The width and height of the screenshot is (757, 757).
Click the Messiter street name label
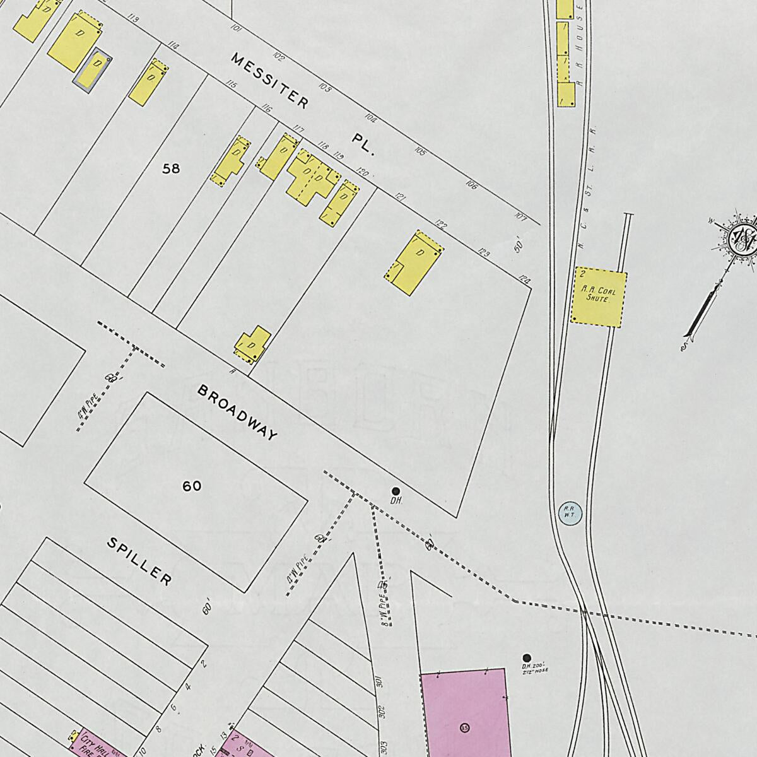click(x=270, y=81)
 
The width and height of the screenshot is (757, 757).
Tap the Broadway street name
click(x=237, y=413)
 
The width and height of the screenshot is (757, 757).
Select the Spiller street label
click(x=139, y=561)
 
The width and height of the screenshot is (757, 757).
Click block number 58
click(x=171, y=168)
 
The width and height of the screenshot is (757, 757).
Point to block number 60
click(x=192, y=486)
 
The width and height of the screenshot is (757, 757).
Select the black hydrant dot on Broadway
click(x=396, y=491)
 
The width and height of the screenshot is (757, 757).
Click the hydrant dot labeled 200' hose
click(x=527, y=658)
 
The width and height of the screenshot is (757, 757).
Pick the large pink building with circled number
click(x=464, y=713)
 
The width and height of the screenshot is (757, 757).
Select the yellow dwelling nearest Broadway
click(x=254, y=345)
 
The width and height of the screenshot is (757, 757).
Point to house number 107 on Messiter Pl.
click(x=520, y=216)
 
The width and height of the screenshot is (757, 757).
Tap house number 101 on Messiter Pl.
click(x=237, y=28)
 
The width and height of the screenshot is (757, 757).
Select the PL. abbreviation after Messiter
click(x=364, y=144)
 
